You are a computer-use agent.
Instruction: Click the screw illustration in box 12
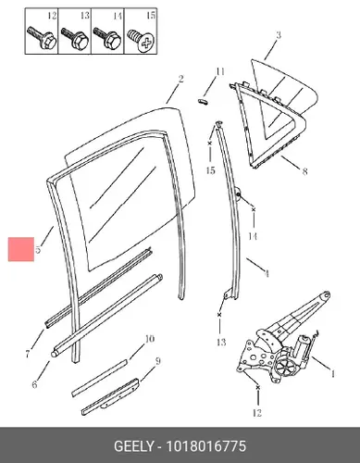42,38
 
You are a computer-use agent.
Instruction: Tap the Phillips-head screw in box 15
141,39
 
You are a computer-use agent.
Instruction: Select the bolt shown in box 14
107,38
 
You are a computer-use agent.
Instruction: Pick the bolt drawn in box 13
75,38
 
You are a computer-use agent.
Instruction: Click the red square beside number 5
21,249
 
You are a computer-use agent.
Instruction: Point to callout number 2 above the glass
180,79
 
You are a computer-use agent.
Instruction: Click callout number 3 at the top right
279,34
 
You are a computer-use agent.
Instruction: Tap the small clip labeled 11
203,101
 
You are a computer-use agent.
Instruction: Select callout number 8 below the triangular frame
304,170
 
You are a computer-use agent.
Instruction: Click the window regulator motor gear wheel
283,366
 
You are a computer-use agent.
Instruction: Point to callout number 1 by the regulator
332,374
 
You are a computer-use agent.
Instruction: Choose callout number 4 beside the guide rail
267,273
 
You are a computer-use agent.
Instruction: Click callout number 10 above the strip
149,339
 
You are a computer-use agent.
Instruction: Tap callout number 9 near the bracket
157,361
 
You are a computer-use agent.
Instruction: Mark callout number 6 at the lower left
34,384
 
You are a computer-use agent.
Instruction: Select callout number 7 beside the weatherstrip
28,354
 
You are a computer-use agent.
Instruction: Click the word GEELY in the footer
133,446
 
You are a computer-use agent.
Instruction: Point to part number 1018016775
206,446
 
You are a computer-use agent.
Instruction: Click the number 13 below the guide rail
221,342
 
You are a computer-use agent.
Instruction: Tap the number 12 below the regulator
256,413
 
